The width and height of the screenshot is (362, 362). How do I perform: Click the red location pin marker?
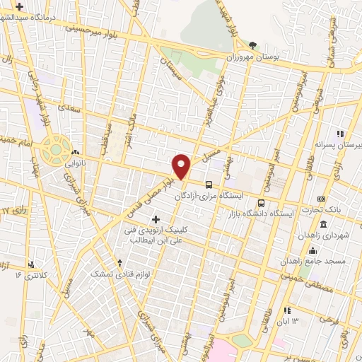182,166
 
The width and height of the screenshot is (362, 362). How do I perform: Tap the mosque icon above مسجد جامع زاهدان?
313,250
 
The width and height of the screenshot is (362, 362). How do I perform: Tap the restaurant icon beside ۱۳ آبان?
286,310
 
